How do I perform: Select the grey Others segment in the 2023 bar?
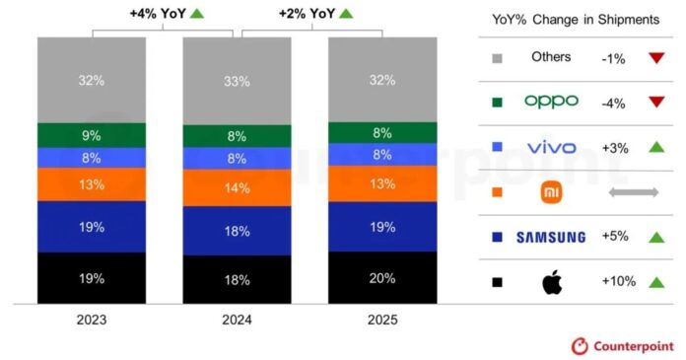pos(92,80)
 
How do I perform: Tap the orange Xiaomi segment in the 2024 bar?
pos(237,186)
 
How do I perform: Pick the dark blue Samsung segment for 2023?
pos(92,227)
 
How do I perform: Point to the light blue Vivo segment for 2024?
pos(237,158)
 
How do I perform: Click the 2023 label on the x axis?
pos(92,320)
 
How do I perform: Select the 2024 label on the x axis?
pos(237,320)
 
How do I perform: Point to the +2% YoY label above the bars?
pos(309,13)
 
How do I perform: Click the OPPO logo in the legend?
pos(551,101)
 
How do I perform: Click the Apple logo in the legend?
pos(551,282)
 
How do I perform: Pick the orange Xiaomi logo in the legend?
pos(551,192)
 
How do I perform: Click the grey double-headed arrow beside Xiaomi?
pos(633,192)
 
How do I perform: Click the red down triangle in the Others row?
pos(655,57)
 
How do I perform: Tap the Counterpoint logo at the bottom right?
pos(623,346)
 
